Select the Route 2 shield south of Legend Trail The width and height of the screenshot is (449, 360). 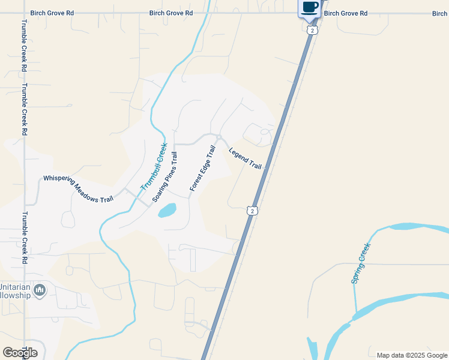point(253,211)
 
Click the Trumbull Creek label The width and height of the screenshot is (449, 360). point(154,166)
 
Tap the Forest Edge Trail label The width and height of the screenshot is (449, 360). point(202,169)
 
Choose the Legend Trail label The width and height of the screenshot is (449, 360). point(246,158)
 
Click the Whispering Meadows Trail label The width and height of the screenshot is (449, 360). point(78,189)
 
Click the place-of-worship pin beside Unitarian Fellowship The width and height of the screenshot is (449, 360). point(40,291)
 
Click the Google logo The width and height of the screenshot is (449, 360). point(20,353)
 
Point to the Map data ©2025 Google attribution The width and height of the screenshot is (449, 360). point(412,355)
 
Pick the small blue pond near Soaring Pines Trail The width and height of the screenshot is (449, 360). point(167,210)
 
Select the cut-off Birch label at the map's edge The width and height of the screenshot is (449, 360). point(440,13)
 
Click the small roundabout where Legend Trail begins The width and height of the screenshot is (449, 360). point(220,138)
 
